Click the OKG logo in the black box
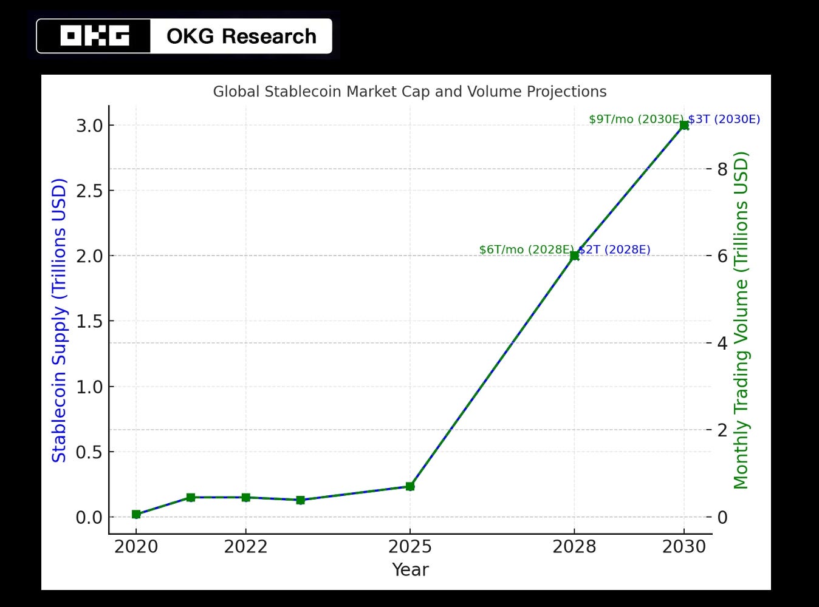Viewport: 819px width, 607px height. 94,36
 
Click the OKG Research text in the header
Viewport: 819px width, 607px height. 241,36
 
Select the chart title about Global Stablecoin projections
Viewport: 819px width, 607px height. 409,92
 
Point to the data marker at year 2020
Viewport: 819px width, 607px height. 136,514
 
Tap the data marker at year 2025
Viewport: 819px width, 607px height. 410,486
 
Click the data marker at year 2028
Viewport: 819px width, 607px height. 574,256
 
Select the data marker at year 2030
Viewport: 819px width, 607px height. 684,125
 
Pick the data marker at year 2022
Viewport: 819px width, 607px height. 245,498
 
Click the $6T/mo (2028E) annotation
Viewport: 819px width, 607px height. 526,250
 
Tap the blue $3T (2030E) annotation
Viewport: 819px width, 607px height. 724,120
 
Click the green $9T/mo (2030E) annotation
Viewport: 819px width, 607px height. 636,120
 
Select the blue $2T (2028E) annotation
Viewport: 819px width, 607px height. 614,250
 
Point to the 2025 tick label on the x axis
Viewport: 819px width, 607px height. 410,547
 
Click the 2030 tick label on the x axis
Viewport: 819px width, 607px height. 684,547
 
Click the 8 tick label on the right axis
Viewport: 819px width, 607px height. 722,169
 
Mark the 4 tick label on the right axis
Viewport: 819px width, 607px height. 722,343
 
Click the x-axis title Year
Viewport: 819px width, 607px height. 410,570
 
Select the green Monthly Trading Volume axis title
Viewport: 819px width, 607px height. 741,320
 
